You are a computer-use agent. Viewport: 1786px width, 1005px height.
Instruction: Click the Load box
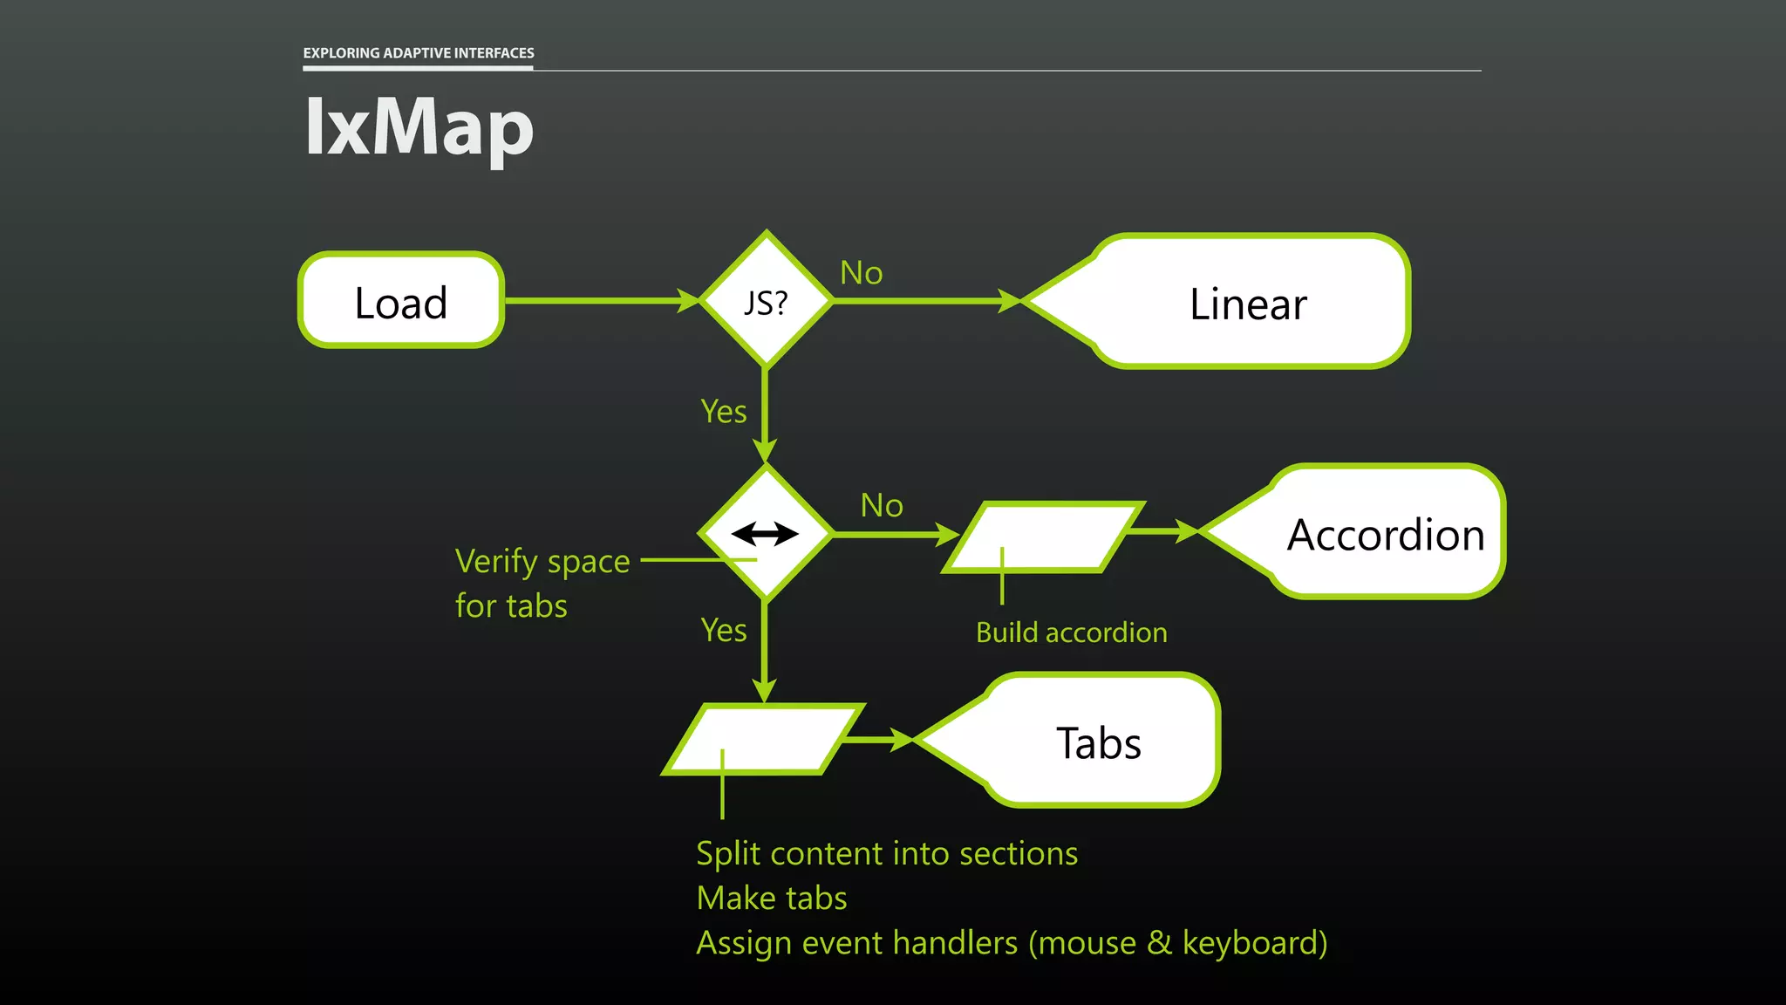tap(401, 301)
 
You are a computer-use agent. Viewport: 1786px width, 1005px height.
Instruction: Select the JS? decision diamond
tap(766, 301)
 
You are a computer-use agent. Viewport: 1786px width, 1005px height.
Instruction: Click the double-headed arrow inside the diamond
tap(765, 533)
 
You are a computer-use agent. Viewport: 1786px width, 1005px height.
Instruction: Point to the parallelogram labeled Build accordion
tap(1044, 536)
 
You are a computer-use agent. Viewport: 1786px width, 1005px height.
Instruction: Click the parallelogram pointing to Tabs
tap(764, 739)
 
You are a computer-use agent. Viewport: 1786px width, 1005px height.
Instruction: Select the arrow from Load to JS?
tap(602, 301)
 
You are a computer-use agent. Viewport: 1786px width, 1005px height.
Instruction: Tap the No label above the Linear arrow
tap(861, 273)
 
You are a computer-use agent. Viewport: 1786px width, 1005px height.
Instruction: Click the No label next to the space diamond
tap(882, 505)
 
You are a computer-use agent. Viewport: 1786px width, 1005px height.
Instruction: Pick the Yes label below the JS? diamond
tap(724, 411)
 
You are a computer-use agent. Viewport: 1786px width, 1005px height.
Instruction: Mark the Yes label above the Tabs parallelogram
tap(724, 630)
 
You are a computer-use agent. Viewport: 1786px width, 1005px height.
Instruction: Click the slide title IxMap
tap(419, 127)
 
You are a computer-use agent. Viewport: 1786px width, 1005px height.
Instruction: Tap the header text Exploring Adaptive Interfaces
tap(419, 53)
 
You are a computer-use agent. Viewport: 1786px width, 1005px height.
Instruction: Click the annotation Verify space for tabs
tap(542, 583)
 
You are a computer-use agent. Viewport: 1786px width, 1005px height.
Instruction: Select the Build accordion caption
tap(1071, 632)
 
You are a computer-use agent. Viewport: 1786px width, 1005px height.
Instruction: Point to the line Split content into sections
tap(887, 853)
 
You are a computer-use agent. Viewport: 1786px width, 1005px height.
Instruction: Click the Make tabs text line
tap(772, 898)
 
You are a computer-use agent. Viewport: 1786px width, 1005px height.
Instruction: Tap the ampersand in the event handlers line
tap(1159, 943)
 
